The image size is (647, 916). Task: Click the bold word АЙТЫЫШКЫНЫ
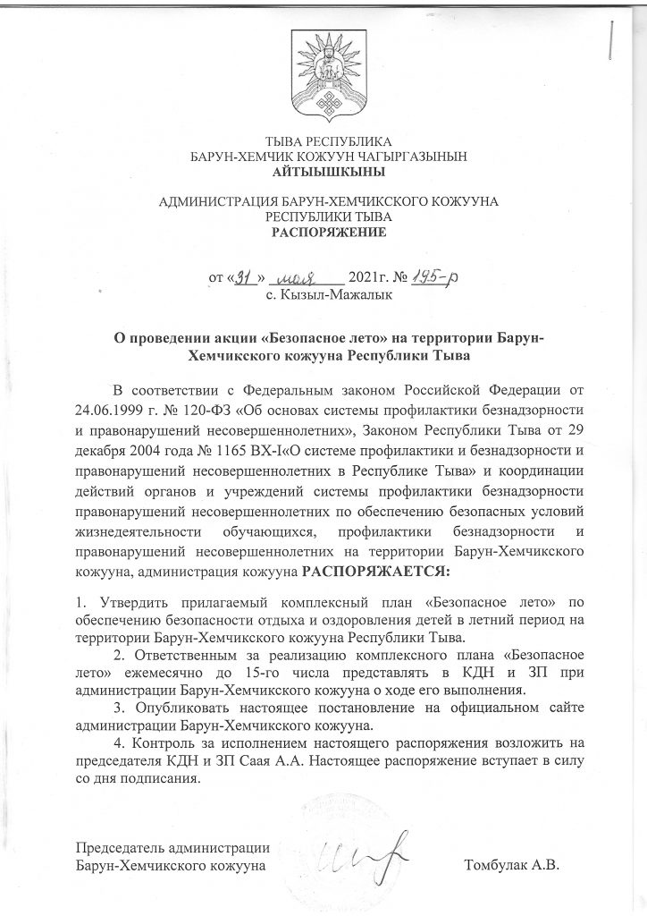[323, 171]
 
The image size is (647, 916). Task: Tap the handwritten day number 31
[241, 278]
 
